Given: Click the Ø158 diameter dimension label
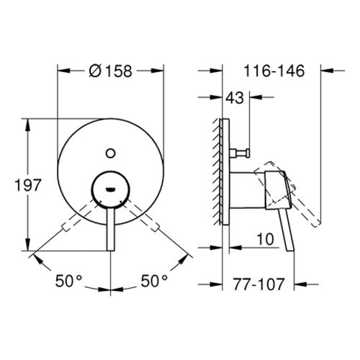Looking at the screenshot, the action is click(x=111, y=71).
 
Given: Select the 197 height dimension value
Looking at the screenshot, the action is click(x=28, y=185).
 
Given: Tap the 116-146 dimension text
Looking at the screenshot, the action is click(x=274, y=71).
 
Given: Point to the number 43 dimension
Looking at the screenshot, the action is click(x=235, y=98).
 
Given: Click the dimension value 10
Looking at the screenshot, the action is click(x=265, y=239).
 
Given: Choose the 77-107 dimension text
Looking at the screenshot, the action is click(x=258, y=284).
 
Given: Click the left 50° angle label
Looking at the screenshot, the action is click(x=68, y=281).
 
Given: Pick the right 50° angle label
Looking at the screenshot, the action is click(x=154, y=281).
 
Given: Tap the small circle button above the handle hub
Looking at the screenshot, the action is click(x=110, y=153).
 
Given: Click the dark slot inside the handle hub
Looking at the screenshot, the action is click(x=110, y=189).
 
